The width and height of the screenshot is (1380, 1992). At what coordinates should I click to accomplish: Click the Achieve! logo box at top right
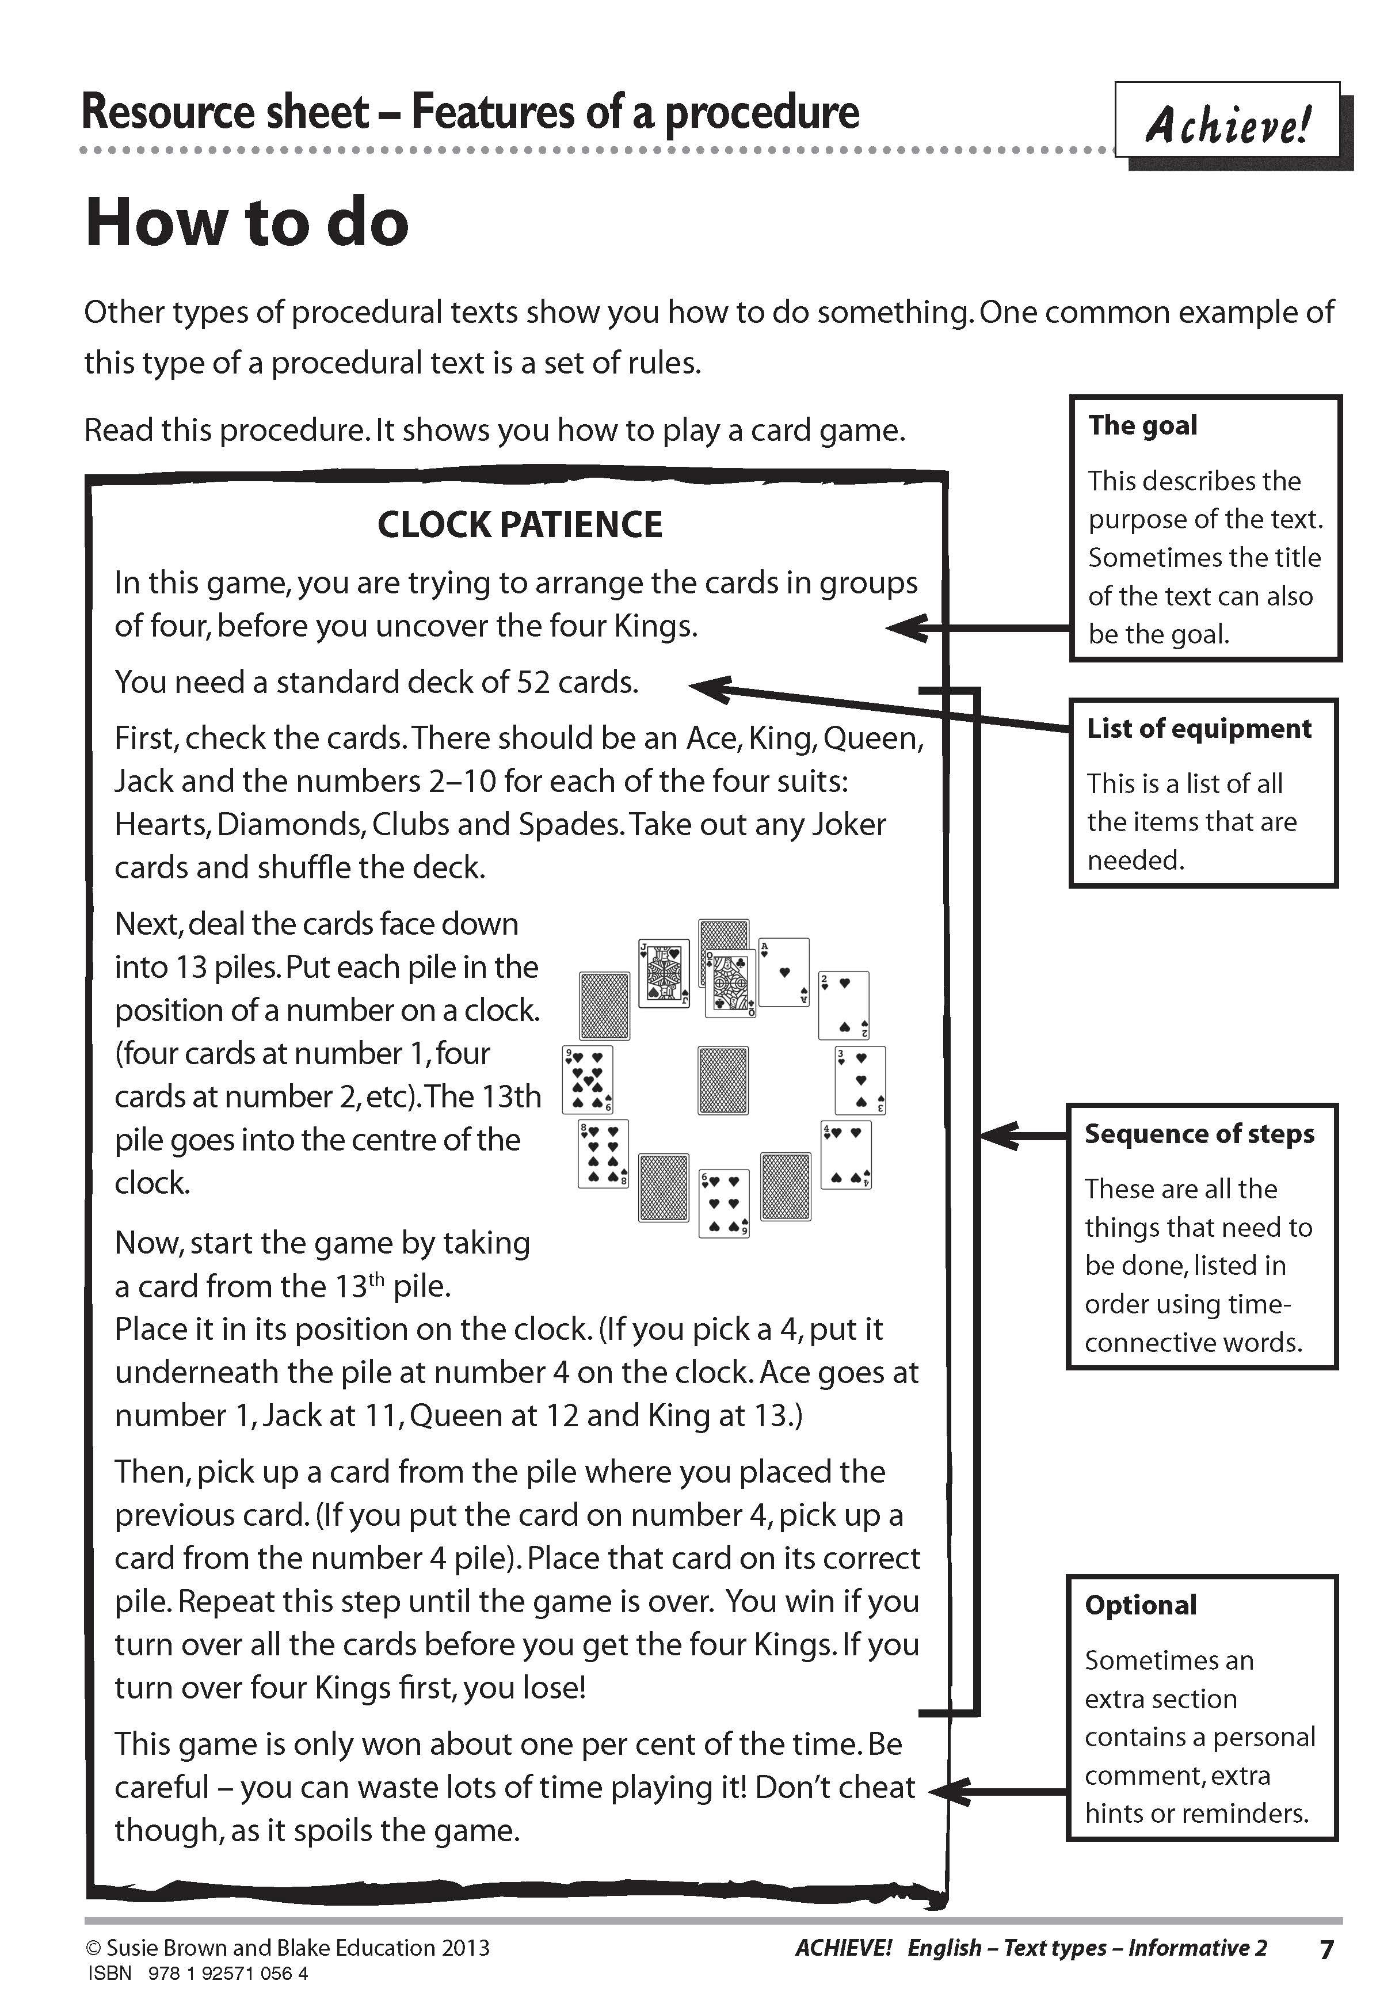[1228, 121]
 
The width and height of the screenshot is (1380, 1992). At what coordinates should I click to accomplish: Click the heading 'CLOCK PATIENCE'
[520, 525]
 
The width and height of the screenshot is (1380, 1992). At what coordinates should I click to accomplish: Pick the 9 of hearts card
[588, 1079]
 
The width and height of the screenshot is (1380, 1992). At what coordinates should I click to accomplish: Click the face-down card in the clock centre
[723, 1080]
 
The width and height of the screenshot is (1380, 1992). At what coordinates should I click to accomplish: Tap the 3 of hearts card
[860, 1079]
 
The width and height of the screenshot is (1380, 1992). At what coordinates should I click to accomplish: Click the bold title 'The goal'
[1142, 425]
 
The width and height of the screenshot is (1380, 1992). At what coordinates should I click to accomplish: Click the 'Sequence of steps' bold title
[1199, 1133]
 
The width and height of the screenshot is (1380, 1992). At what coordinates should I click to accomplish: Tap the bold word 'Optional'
[1141, 1605]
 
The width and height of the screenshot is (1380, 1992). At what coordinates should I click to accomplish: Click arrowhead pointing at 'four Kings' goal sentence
[904, 628]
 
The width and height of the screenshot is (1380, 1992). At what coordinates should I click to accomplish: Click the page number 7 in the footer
[1326, 1949]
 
